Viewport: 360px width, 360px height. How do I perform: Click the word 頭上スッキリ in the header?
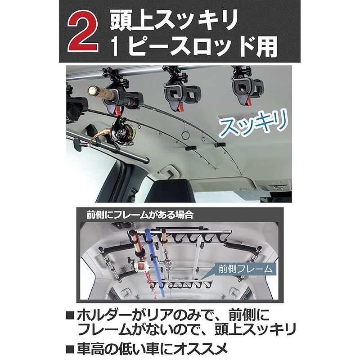click(174, 19)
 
